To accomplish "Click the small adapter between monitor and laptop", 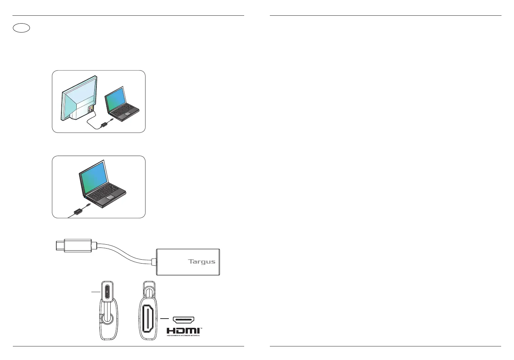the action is (x=105, y=124).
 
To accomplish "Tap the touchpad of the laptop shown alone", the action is (x=110, y=197).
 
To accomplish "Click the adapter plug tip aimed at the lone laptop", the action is (x=88, y=205).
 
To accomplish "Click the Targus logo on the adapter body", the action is (x=202, y=262).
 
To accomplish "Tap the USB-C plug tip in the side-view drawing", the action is (x=59, y=246).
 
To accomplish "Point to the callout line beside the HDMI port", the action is (x=164, y=318).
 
